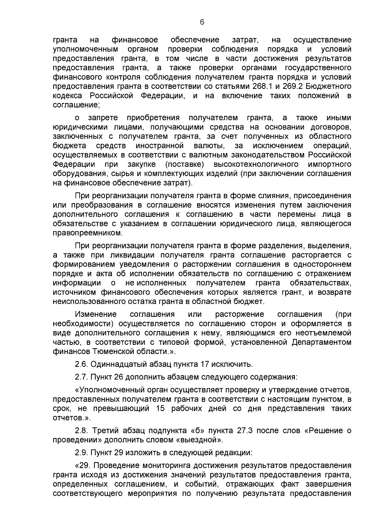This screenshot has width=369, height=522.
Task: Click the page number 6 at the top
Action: coord(202,22)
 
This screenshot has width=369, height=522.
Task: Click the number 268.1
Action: coord(261,86)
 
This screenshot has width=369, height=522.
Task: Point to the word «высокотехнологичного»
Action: coord(256,164)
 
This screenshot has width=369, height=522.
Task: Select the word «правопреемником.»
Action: coord(88,233)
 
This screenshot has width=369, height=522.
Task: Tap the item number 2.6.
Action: coord(81,365)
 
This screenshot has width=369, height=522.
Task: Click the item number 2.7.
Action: coord(81,377)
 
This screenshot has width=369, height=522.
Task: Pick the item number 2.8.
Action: coord(81,431)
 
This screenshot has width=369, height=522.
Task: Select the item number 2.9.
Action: coord(81,453)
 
